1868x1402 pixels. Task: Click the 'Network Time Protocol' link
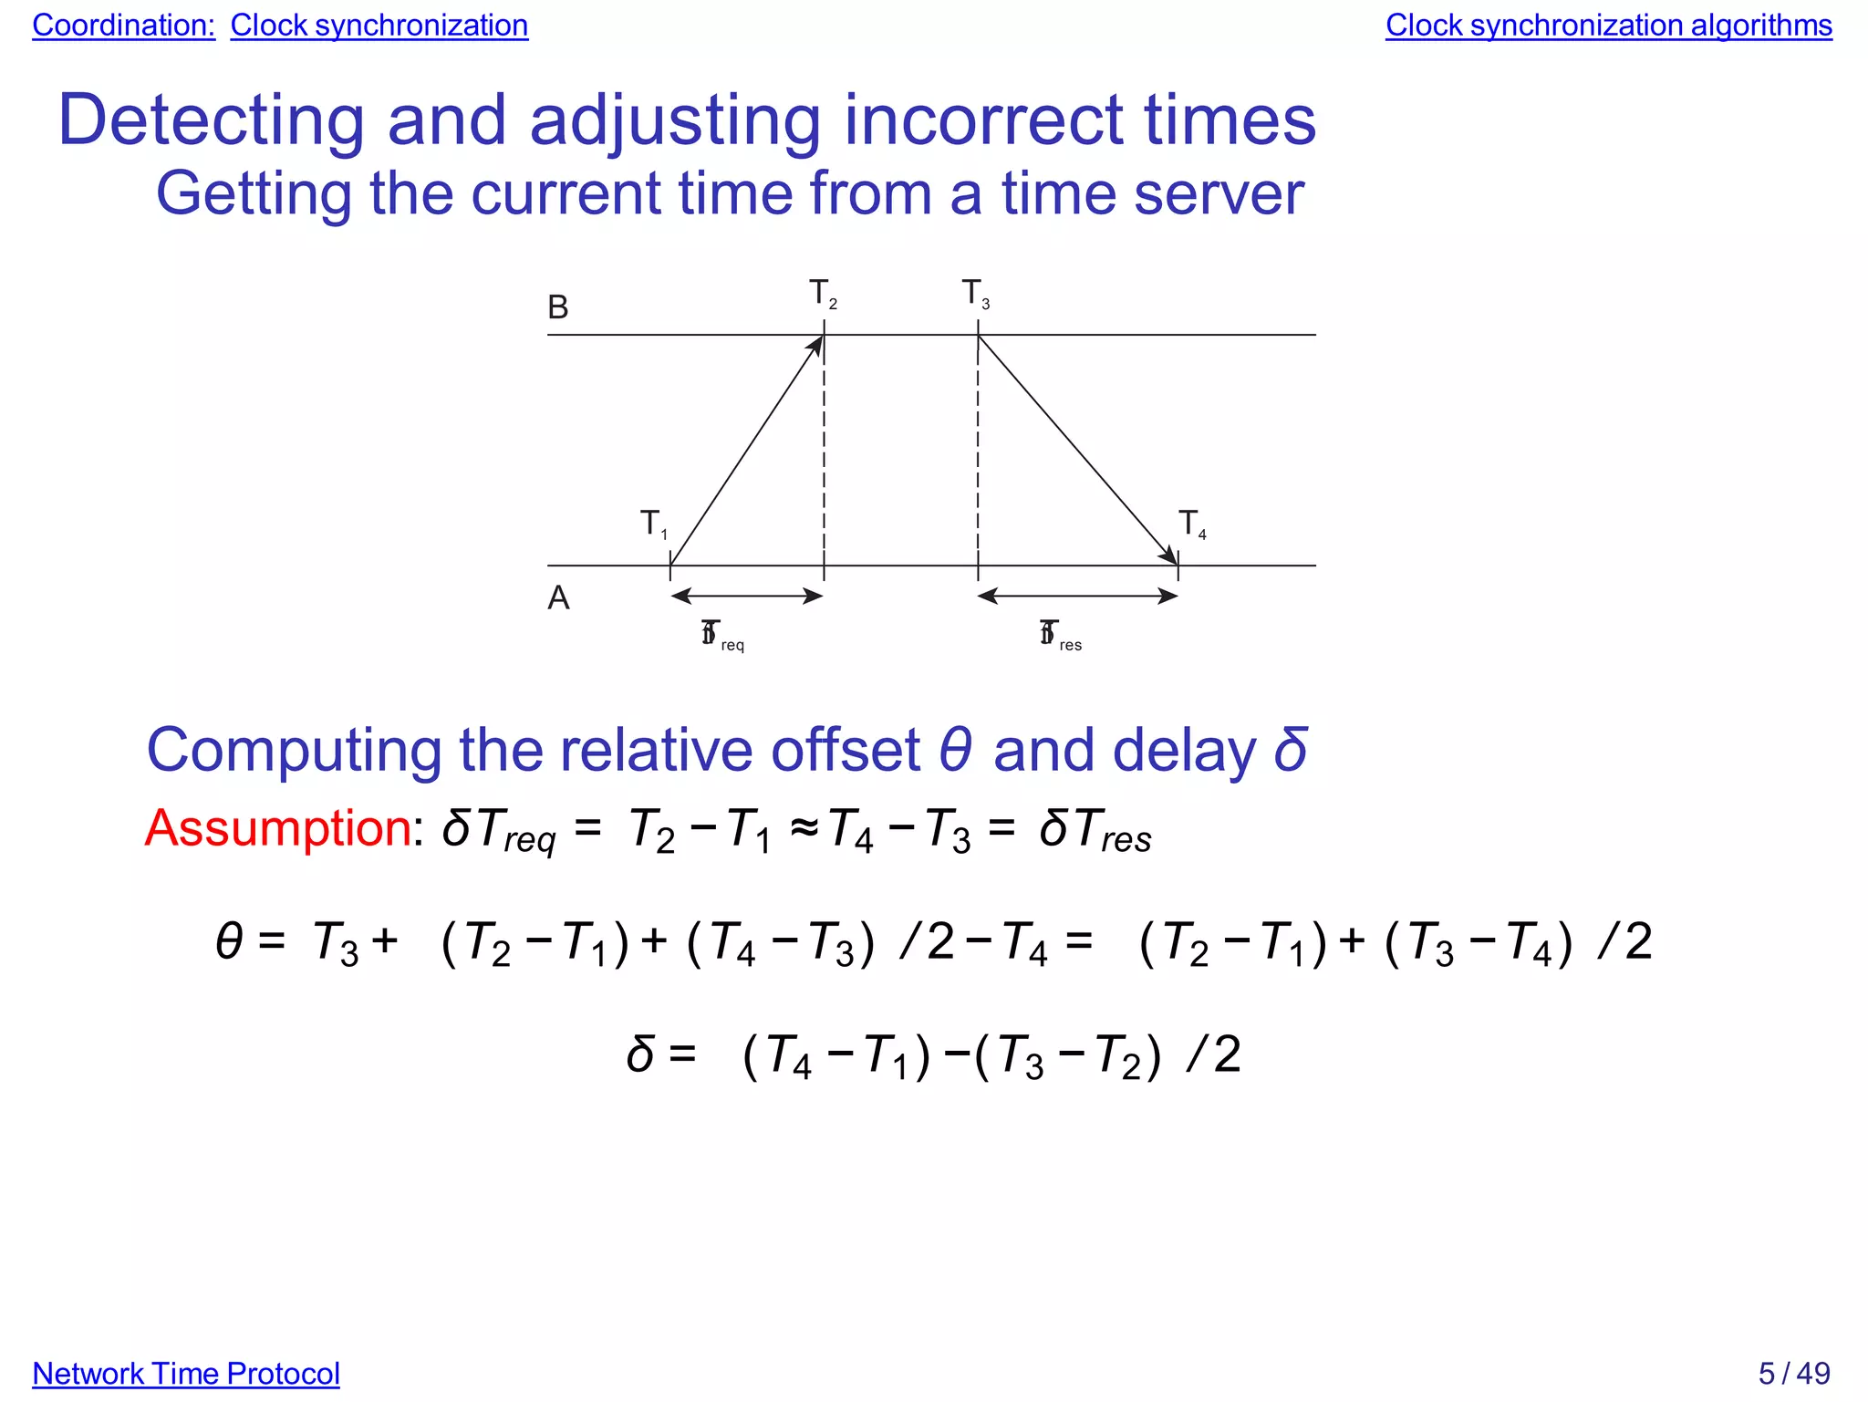[x=186, y=1373]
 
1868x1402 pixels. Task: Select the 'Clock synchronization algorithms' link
[x=1608, y=26]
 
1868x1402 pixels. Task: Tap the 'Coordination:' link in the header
[x=123, y=26]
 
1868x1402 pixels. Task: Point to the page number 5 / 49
[x=1794, y=1373]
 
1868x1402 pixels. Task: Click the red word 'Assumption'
[x=278, y=828]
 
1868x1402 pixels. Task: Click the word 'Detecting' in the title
[x=211, y=120]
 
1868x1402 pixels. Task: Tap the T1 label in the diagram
[x=653, y=524]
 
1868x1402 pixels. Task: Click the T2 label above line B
[x=822, y=294]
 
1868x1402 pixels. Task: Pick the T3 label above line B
[x=975, y=294]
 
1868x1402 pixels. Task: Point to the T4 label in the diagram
[x=1191, y=524]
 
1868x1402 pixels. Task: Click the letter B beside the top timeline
[x=558, y=307]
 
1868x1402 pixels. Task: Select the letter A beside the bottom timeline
[x=558, y=598]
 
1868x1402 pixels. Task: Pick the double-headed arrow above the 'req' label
[x=747, y=597]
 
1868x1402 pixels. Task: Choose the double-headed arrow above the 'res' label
[x=1077, y=597]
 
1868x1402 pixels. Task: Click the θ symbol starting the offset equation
[x=230, y=941]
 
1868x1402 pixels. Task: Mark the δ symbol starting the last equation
[x=640, y=1054]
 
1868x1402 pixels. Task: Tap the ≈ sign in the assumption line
[x=804, y=830]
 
